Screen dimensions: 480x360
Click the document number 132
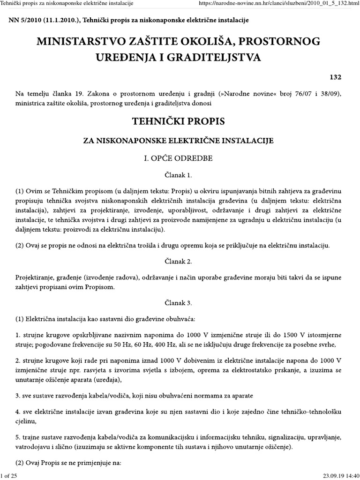[x=336, y=77]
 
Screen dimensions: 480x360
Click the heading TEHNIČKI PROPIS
[x=180, y=121]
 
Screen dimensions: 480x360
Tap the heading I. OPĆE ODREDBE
[x=180, y=158]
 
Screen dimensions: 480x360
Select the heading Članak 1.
[x=180, y=176]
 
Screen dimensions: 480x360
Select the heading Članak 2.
[x=180, y=261]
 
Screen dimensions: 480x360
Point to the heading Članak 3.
[x=180, y=302]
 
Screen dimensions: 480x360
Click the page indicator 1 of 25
[x=10, y=476]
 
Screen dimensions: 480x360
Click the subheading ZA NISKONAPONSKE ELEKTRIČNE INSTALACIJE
[x=180, y=140]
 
